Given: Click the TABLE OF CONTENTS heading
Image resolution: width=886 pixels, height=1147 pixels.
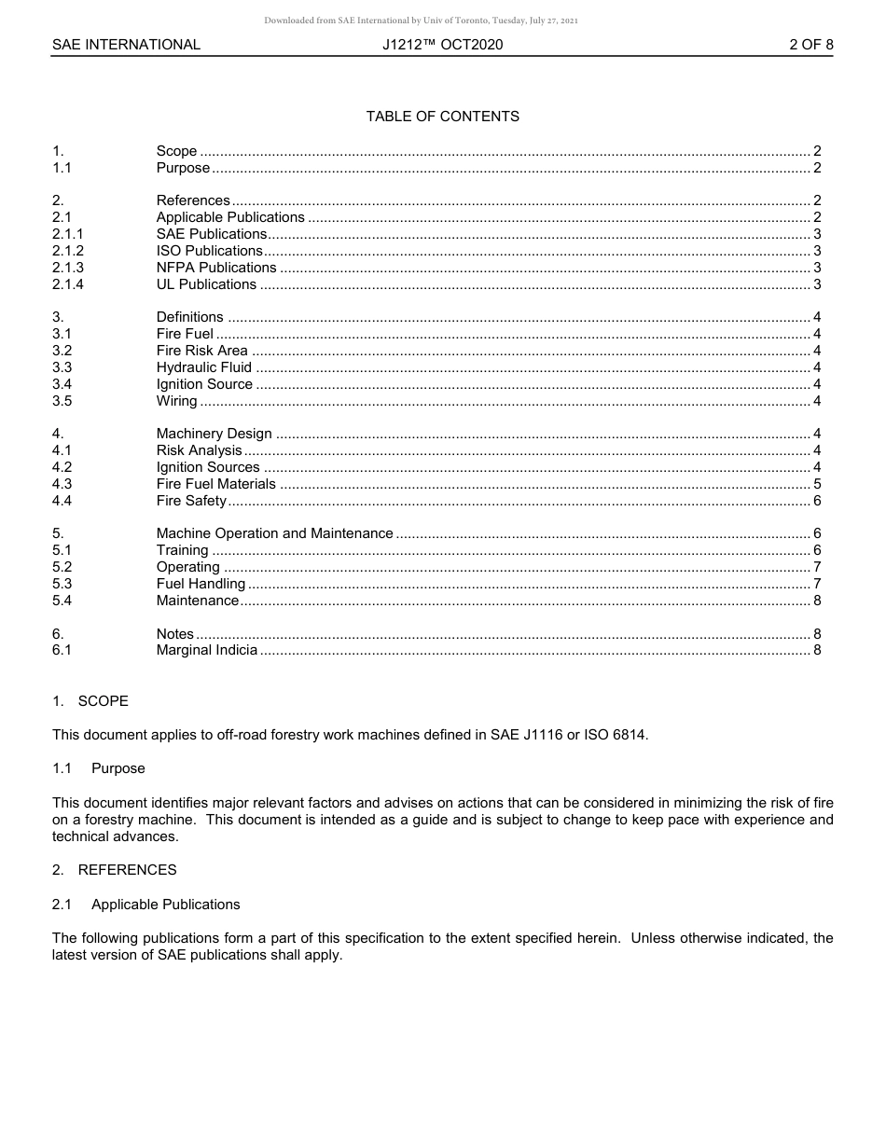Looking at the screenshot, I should (x=442, y=117).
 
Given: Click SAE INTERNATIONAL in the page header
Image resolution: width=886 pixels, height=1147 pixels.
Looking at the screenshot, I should (x=126, y=45).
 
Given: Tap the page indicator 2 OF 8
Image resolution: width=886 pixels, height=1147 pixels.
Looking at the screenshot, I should (x=810, y=45).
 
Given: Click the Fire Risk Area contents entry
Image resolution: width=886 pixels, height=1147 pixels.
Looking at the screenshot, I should (x=201, y=351).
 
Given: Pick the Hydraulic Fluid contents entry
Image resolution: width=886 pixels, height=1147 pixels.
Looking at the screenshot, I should (x=203, y=367).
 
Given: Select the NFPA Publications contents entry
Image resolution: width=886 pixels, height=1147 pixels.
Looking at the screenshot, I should (x=216, y=268).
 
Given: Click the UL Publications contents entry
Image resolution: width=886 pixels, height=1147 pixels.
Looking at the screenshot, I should (x=206, y=284).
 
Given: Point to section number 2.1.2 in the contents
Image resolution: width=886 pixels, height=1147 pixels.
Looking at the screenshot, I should (x=68, y=251).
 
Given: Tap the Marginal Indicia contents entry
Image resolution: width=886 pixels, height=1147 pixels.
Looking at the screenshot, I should (x=206, y=650).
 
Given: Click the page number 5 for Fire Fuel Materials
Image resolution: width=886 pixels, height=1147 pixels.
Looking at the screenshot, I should (x=817, y=484).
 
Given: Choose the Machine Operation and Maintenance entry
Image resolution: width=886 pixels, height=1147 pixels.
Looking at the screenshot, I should (x=274, y=533).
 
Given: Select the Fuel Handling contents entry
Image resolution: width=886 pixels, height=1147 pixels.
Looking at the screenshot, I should (x=201, y=584).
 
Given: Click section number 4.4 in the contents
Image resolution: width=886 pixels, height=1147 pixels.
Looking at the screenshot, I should (x=62, y=501).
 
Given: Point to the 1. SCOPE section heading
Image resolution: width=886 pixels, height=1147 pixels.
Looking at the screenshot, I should (x=90, y=701).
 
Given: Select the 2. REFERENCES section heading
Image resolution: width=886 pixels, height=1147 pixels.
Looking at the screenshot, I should (x=114, y=870).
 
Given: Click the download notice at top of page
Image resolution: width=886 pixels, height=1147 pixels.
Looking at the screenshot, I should (x=421, y=21).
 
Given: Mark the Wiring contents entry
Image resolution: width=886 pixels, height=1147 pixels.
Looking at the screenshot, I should (x=176, y=401).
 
